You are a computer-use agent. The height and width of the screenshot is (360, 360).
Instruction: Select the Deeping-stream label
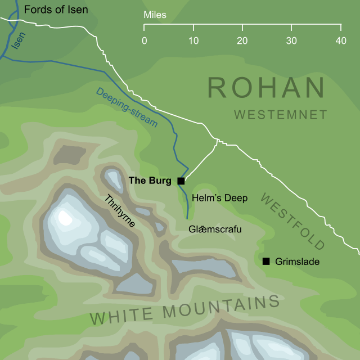tap(126, 106)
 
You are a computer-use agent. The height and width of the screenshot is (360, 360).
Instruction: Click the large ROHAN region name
tap(267, 88)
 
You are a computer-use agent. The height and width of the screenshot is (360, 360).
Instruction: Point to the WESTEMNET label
tap(281, 115)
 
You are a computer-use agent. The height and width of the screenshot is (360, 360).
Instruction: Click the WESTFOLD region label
tap(292, 221)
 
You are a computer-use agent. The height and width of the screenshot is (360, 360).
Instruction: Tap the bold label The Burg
tap(150, 181)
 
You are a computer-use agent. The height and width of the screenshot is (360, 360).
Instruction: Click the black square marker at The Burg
tap(181, 181)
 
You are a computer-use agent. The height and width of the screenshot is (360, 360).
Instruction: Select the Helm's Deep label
tap(219, 198)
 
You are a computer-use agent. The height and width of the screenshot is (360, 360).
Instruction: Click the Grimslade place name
tap(298, 262)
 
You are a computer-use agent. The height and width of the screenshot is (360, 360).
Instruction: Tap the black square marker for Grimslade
tap(266, 261)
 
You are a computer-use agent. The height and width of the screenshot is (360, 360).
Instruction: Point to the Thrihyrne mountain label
tap(119, 210)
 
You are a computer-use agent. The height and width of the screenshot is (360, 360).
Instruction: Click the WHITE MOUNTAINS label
tap(185, 310)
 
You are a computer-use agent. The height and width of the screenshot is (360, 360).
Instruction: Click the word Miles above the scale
tap(155, 15)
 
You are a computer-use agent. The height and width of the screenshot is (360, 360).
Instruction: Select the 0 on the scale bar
tap(145, 41)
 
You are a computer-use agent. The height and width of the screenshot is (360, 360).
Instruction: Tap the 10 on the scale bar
tap(193, 41)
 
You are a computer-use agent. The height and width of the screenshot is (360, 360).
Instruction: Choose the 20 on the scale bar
tap(242, 41)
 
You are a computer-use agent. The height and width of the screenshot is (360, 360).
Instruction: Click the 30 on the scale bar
tap(291, 41)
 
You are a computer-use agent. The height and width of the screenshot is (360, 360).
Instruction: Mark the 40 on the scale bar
tap(340, 41)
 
